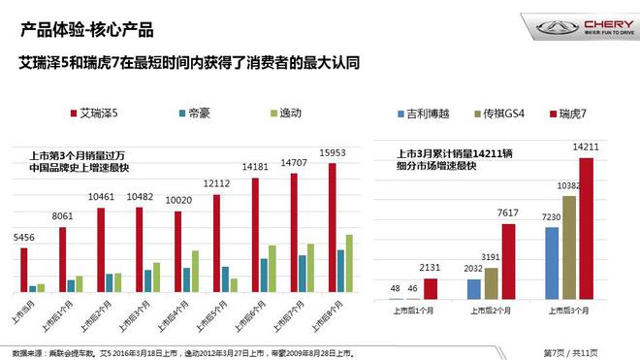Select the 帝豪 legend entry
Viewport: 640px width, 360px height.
pos(199,114)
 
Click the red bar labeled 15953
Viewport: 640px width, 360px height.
pos(333,227)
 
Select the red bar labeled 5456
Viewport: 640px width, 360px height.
pos(22,269)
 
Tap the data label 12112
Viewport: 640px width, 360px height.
pos(215,182)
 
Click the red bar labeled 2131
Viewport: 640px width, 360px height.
pos(431,287)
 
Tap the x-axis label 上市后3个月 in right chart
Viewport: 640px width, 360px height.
pos(568,311)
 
